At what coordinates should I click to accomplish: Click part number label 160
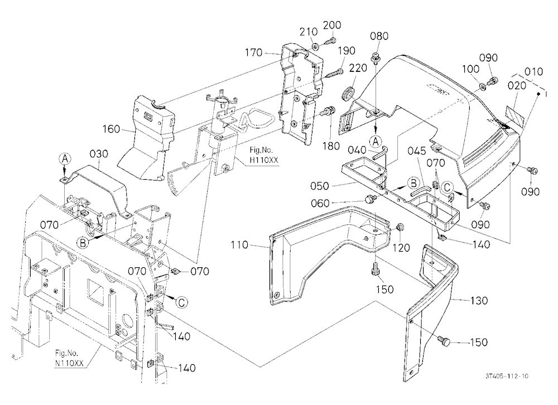coord(112,129)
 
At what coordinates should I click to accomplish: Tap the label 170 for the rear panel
coord(253,53)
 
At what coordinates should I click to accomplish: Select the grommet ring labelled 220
coord(348,92)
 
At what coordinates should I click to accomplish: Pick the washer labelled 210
coord(316,46)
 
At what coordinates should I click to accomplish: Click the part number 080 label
coord(379,36)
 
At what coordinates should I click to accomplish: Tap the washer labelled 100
coord(482,86)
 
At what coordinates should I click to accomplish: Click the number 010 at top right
coord(534,71)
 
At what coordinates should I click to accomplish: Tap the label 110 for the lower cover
coord(239,245)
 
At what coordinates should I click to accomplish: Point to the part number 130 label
coord(479,300)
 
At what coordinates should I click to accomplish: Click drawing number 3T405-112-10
coord(507,376)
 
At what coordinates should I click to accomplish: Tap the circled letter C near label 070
coord(448,187)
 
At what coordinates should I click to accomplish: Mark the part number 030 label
coord(99,154)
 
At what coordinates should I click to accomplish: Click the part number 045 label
coord(417,151)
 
